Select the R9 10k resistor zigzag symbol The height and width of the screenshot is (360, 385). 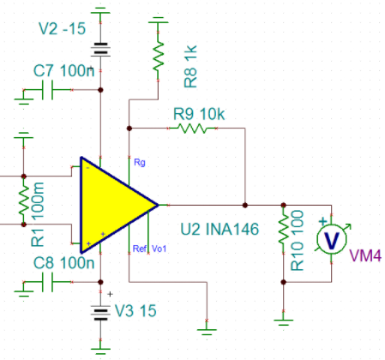click(x=192, y=129)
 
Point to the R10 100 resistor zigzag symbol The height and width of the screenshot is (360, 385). click(x=283, y=229)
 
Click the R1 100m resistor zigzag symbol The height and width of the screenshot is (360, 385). click(x=24, y=201)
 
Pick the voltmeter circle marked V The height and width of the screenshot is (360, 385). click(x=332, y=239)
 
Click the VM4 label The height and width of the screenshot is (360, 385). click(x=365, y=255)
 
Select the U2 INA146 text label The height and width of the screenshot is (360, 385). click(x=220, y=229)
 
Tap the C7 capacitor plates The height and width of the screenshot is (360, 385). click(x=47, y=90)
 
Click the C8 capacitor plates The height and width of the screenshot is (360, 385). click(x=47, y=282)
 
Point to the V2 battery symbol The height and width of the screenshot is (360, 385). click(x=100, y=49)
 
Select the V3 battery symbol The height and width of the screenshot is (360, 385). click(x=100, y=313)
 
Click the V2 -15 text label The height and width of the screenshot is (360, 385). click(x=62, y=28)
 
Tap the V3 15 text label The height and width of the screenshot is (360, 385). click(x=135, y=310)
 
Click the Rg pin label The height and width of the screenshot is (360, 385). click(x=140, y=162)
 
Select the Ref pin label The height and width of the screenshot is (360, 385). click(x=140, y=249)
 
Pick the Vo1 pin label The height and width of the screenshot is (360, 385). click(x=159, y=249)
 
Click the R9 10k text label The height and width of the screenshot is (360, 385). click(x=199, y=114)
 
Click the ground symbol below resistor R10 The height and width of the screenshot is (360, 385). click(x=283, y=322)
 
